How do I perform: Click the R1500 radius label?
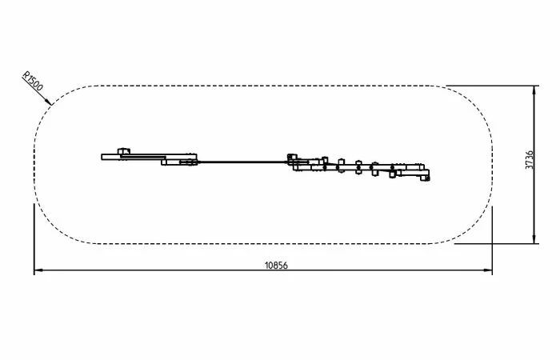click(33, 82)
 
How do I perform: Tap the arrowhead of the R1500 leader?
click(50, 102)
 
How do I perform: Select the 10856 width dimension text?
click(276, 266)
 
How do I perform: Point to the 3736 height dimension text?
click(530, 160)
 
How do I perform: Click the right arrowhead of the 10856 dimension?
click(488, 270)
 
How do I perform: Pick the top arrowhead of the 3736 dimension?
click(534, 90)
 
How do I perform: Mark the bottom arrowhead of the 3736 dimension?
click(534, 239)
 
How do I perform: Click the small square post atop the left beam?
click(123, 151)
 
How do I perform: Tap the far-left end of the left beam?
click(102, 157)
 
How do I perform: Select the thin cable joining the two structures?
click(242, 162)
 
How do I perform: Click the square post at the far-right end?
click(425, 178)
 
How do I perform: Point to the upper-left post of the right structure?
click(292, 157)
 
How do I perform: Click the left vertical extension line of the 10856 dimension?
click(34, 239)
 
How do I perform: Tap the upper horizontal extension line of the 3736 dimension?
click(492, 86)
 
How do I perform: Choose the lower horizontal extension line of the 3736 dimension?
click(497, 243)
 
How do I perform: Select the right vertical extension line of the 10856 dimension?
click(492, 240)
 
